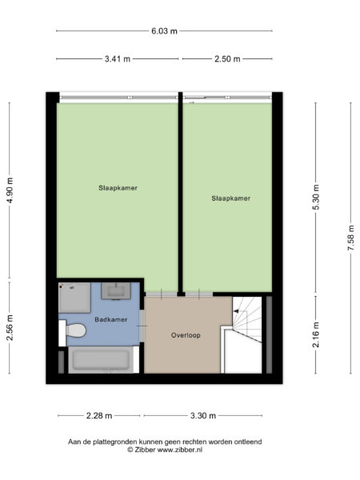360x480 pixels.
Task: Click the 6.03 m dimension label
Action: pyautogui.click(x=164, y=31)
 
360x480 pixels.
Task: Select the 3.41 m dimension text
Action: pyautogui.click(x=118, y=58)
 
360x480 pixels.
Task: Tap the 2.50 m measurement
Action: pyautogui.click(x=227, y=58)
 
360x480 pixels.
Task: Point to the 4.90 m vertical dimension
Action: pyautogui.click(x=10, y=190)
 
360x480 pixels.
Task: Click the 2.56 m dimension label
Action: pyautogui.click(x=10, y=327)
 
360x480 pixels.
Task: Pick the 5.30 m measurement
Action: pyautogui.click(x=316, y=197)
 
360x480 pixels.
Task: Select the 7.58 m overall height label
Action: pyautogui.click(x=351, y=238)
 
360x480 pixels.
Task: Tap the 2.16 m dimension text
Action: pyautogui.click(x=316, y=334)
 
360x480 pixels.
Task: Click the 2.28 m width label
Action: pyautogui.click(x=99, y=415)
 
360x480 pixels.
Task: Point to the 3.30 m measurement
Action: pyautogui.click(x=203, y=415)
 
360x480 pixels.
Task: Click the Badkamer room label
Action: pyautogui.click(x=111, y=319)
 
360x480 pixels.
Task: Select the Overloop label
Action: pyautogui.click(x=186, y=335)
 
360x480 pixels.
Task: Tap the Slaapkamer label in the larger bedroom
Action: pyautogui.click(x=118, y=188)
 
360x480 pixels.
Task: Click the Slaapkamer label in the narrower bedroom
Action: pyautogui.click(x=231, y=198)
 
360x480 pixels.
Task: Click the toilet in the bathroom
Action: pyautogui.click(x=73, y=330)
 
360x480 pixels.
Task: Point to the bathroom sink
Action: pyautogui.click(x=116, y=290)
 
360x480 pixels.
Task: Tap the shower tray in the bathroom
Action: pyautogui.click(x=74, y=298)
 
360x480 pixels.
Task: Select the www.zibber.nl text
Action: pyautogui.click(x=180, y=450)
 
